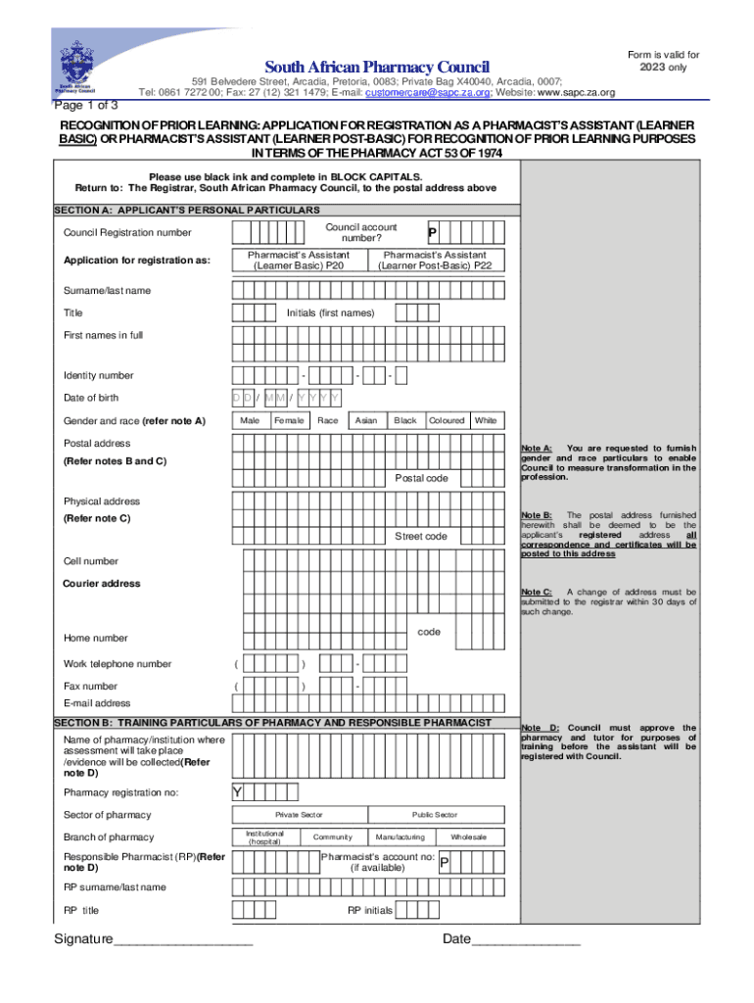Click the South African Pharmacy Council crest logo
pos(74,67)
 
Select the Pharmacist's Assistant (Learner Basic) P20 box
pos(299,260)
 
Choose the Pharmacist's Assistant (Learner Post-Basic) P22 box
pos(436,260)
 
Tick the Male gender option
pos(250,420)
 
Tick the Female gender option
pos(289,420)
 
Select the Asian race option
pos(366,420)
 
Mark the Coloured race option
pos(447,420)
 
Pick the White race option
pos(486,420)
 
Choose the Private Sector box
pos(299,815)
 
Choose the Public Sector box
pos(435,815)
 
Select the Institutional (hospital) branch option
pos(264,837)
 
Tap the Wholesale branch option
pos(468,837)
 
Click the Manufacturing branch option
pos(400,837)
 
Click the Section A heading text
pos(186,211)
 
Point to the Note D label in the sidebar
pos(541,728)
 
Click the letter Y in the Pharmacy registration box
pos(238,792)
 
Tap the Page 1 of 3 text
pos(87,105)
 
